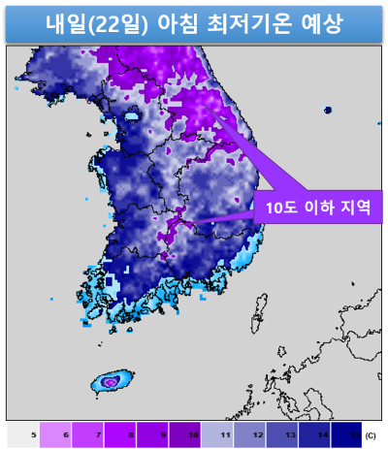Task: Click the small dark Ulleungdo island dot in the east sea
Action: pyautogui.click(x=328, y=110)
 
